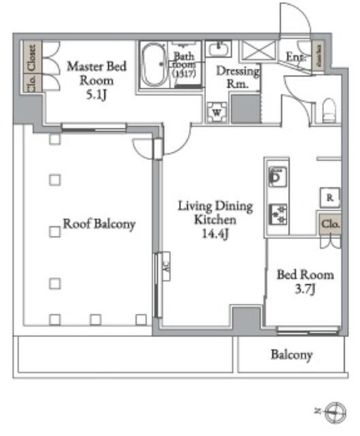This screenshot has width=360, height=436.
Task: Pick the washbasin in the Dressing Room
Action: [218, 49]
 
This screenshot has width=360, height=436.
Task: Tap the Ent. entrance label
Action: [295, 59]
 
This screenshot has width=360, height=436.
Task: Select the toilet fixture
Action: [329, 110]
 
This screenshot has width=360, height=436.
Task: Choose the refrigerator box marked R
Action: [329, 198]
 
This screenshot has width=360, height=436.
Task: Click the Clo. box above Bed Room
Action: [329, 223]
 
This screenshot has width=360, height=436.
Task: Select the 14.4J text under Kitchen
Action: [215, 234]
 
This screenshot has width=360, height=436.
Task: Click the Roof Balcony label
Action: [99, 223]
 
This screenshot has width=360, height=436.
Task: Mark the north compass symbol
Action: [334, 411]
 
